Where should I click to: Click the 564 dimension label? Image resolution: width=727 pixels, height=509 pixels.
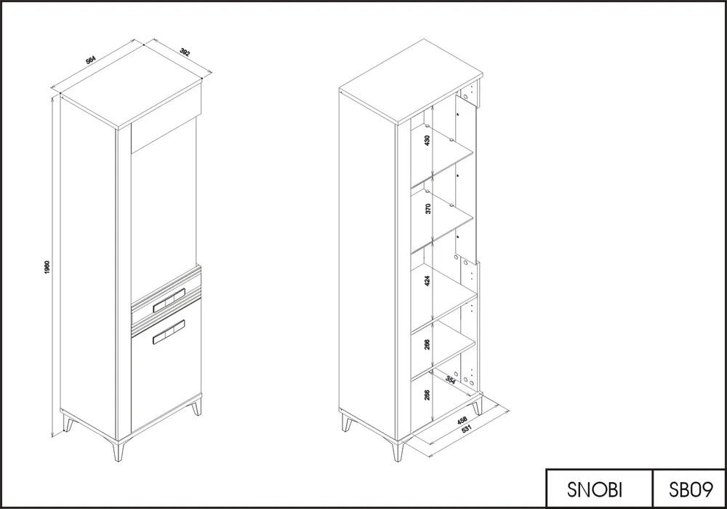[90, 60]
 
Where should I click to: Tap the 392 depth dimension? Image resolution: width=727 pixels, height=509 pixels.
[185, 52]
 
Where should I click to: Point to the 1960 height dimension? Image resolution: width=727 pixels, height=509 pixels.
[47, 267]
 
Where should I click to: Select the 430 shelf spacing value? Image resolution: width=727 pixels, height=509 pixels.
[427, 140]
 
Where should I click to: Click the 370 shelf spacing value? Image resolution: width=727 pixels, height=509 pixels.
[428, 208]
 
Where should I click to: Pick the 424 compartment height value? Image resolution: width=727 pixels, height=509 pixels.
[427, 280]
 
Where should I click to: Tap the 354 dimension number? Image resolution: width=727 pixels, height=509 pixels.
[451, 380]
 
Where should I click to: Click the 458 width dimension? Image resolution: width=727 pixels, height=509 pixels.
[462, 420]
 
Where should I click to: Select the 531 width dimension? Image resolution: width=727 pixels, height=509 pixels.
[466, 429]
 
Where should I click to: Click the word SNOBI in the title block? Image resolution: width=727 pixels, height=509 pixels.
[595, 489]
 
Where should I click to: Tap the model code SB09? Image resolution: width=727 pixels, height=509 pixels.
[691, 489]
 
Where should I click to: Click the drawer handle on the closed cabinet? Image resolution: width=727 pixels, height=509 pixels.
[169, 299]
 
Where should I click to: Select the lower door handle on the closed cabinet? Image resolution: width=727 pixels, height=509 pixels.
[169, 333]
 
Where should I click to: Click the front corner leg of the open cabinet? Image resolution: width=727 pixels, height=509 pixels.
[398, 449]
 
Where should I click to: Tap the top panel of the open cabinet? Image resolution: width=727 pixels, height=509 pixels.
[411, 82]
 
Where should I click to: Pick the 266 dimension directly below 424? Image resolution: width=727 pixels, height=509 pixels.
[427, 344]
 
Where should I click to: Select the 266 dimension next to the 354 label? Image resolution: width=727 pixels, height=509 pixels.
[427, 395]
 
